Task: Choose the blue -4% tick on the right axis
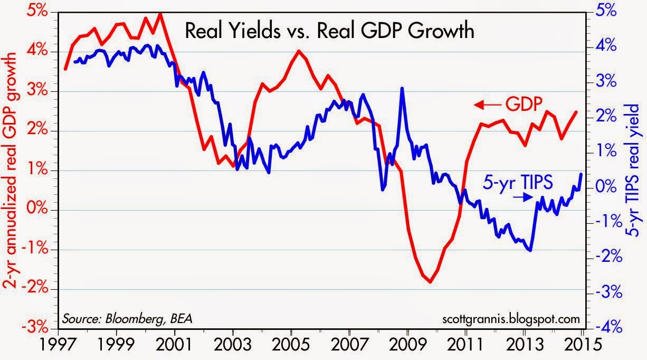(606, 328)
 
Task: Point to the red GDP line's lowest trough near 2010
(431, 282)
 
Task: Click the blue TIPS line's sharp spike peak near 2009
(403, 88)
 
